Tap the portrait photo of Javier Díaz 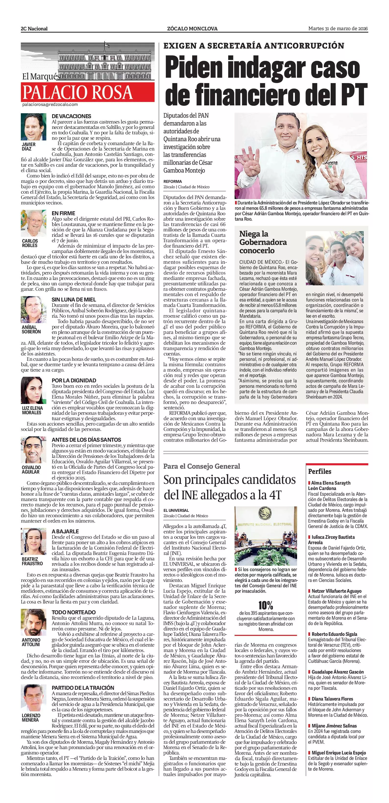[x=34, y=127]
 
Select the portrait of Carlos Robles [x=34, y=224]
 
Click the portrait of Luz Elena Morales [x=34, y=390]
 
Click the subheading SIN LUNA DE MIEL [x=74, y=300]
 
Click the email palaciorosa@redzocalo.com [x=50, y=105]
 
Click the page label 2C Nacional [x=34, y=29]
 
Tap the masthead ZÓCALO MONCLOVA [x=192, y=29]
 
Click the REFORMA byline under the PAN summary [x=173, y=181]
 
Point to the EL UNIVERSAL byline [x=176, y=510]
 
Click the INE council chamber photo [x=265, y=536]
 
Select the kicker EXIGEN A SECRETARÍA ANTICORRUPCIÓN [x=254, y=46]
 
